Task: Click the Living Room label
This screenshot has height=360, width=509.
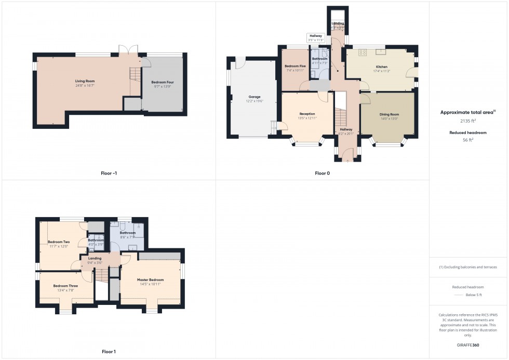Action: pos(85,81)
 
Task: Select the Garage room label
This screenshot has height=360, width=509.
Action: pos(254,97)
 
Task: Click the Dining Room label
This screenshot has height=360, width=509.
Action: pos(389,114)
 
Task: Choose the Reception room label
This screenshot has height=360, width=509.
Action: pos(307,114)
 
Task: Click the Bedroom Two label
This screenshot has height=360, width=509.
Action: pos(59,242)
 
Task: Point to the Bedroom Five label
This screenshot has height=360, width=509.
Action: pos(295,66)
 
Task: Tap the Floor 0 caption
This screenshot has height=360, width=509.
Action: pos(322,173)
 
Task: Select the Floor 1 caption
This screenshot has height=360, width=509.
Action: pos(109,352)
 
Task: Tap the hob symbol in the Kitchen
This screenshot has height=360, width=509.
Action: pos(362,52)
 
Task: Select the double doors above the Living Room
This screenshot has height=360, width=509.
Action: pos(128,50)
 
